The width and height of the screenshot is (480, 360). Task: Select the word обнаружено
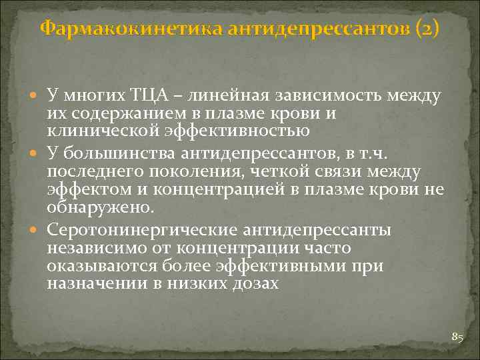pyautogui.click(x=101, y=207)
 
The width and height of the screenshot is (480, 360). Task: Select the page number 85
pyautogui.click(x=457, y=337)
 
